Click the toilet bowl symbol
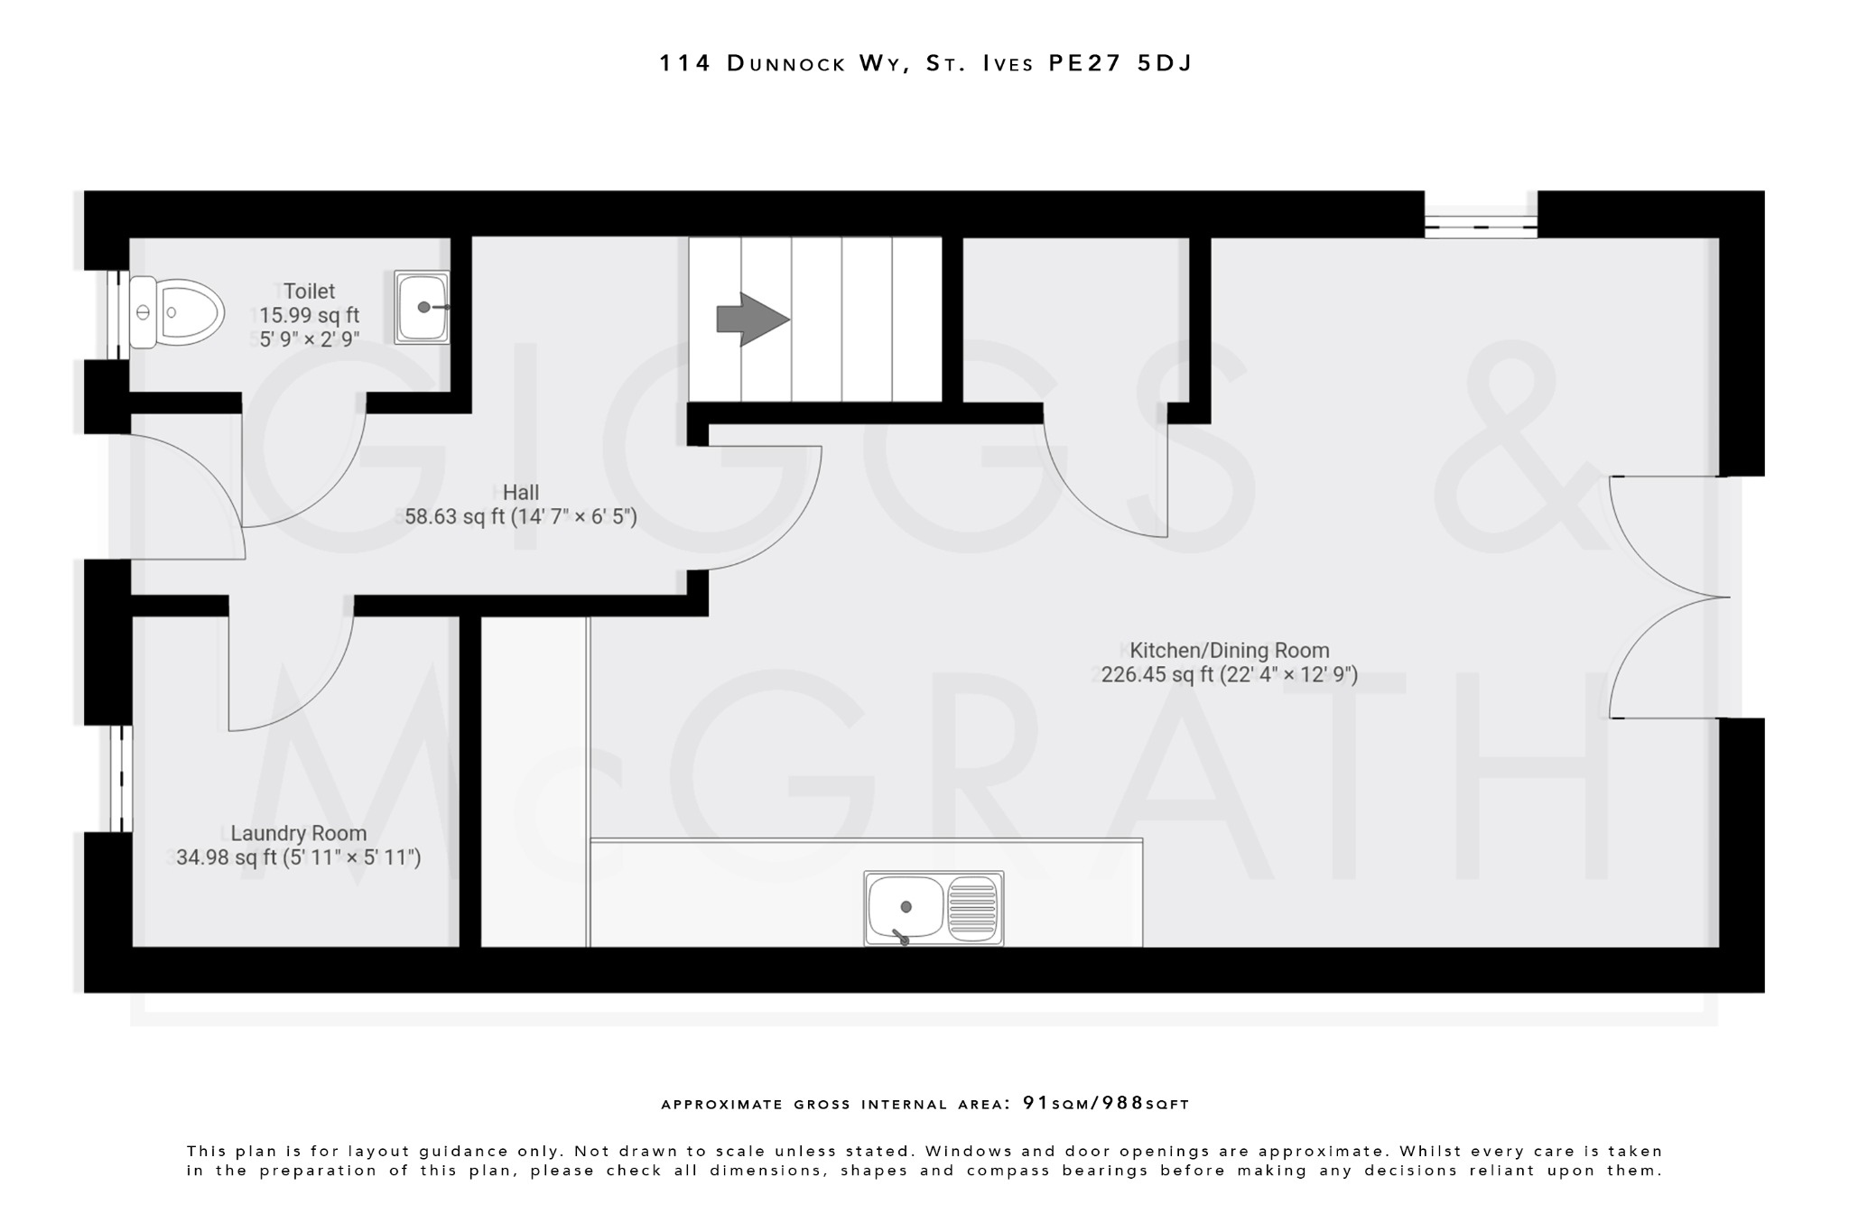coord(177,312)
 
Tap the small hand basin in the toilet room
coord(422,307)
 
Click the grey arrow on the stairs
coord(752,320)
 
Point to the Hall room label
coord(521,493)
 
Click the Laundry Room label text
coord(299,833)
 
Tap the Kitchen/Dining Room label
coord(1229,650)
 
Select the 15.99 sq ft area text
coord(309,316)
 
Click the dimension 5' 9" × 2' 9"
coord(310,340)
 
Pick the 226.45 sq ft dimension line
coord(1229,675)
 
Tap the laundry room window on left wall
coord(121,778)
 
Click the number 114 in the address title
coord(685,63)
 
